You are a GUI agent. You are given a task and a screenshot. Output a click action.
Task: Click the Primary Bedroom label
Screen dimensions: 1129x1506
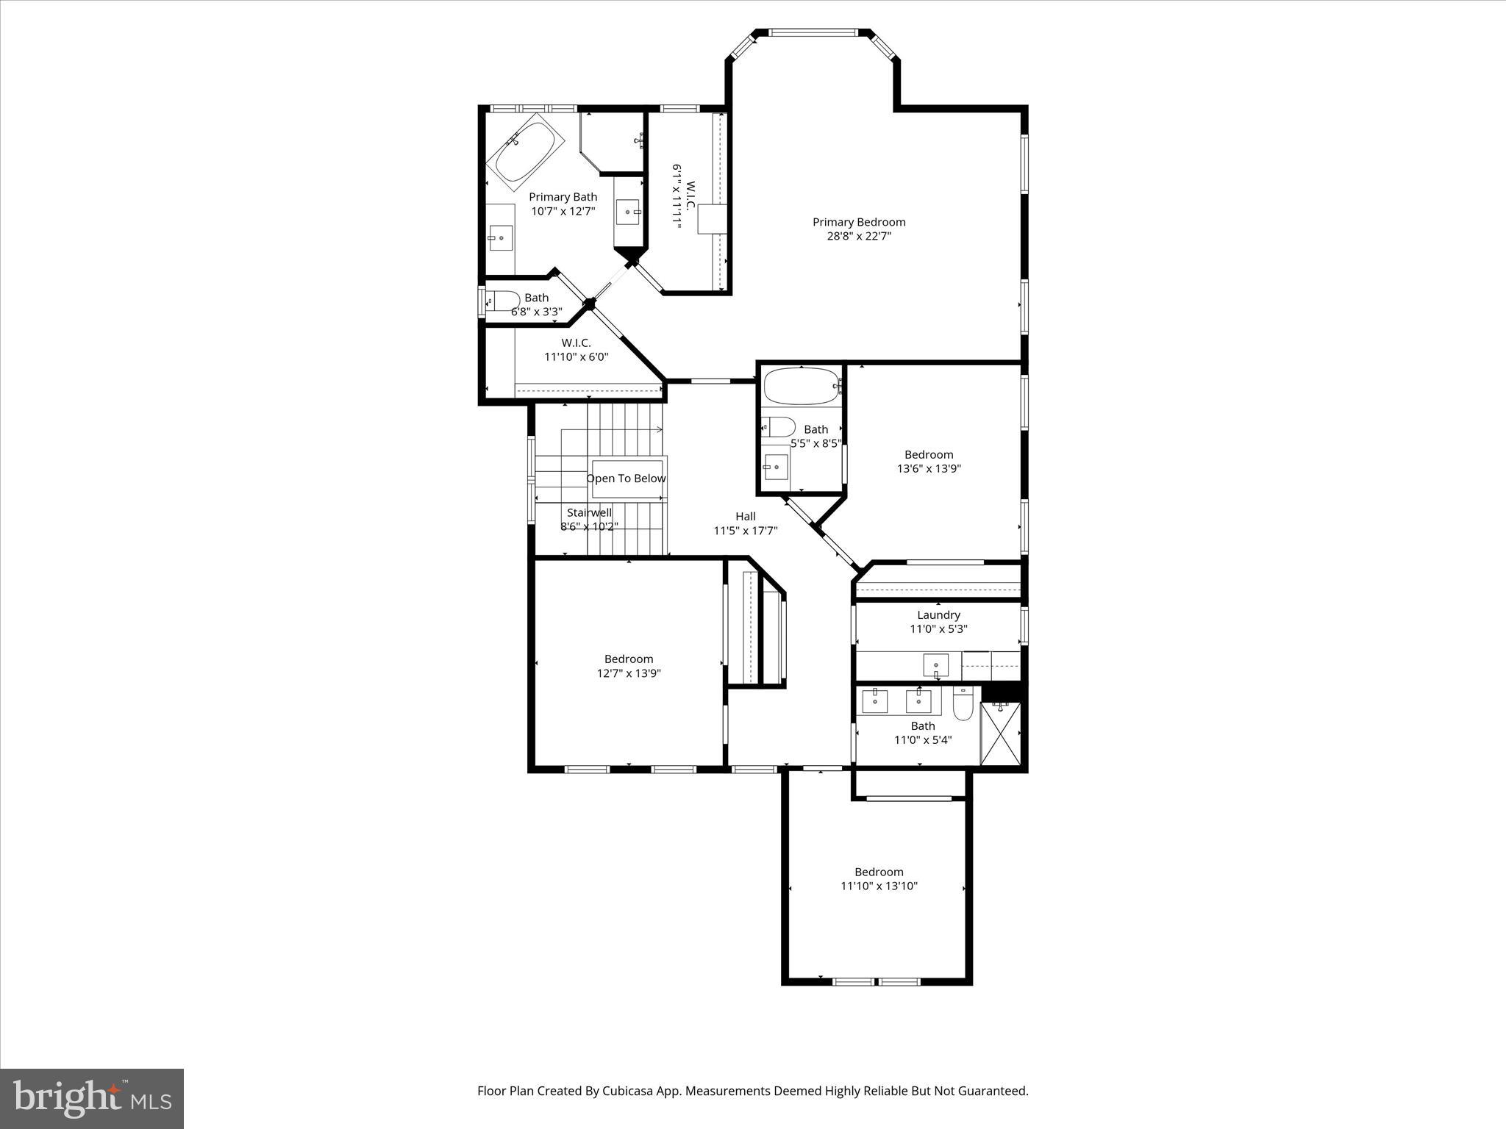pyautogui.click(x=858, y=222)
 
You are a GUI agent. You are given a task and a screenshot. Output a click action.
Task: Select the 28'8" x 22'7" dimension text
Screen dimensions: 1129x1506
pyautogui.click(x=858, y=237)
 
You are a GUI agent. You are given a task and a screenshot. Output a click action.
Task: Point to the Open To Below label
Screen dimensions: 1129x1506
pyautogui.click(x=626, y=479)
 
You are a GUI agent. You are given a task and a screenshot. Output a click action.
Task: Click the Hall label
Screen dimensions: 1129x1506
pyautogui.click(x=745, y=517)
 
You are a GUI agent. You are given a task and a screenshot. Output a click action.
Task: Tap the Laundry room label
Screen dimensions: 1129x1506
pyautogui.click(x=938, y=615)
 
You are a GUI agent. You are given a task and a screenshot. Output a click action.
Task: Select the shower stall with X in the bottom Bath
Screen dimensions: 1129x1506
pyautogui.click(x=1001, y=734)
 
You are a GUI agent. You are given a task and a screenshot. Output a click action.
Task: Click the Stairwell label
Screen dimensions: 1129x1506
pyautogui.click(x=589, y=513)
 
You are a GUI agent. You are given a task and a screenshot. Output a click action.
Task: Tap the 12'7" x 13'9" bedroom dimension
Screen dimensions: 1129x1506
pyautogui.click(x=629, y=673)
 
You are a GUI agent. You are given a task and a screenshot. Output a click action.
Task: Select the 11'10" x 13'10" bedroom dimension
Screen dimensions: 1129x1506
pyautogui.click(x=879, y=886)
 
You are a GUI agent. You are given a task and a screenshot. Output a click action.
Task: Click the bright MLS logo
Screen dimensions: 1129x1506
pyautogui.click(x=92, y=1098)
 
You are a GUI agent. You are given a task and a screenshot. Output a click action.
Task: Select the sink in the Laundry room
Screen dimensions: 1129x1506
pyautogui.click(x=936, y=665)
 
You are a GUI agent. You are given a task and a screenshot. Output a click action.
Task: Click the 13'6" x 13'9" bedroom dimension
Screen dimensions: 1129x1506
pyautogui.click(x=929, y=469)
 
